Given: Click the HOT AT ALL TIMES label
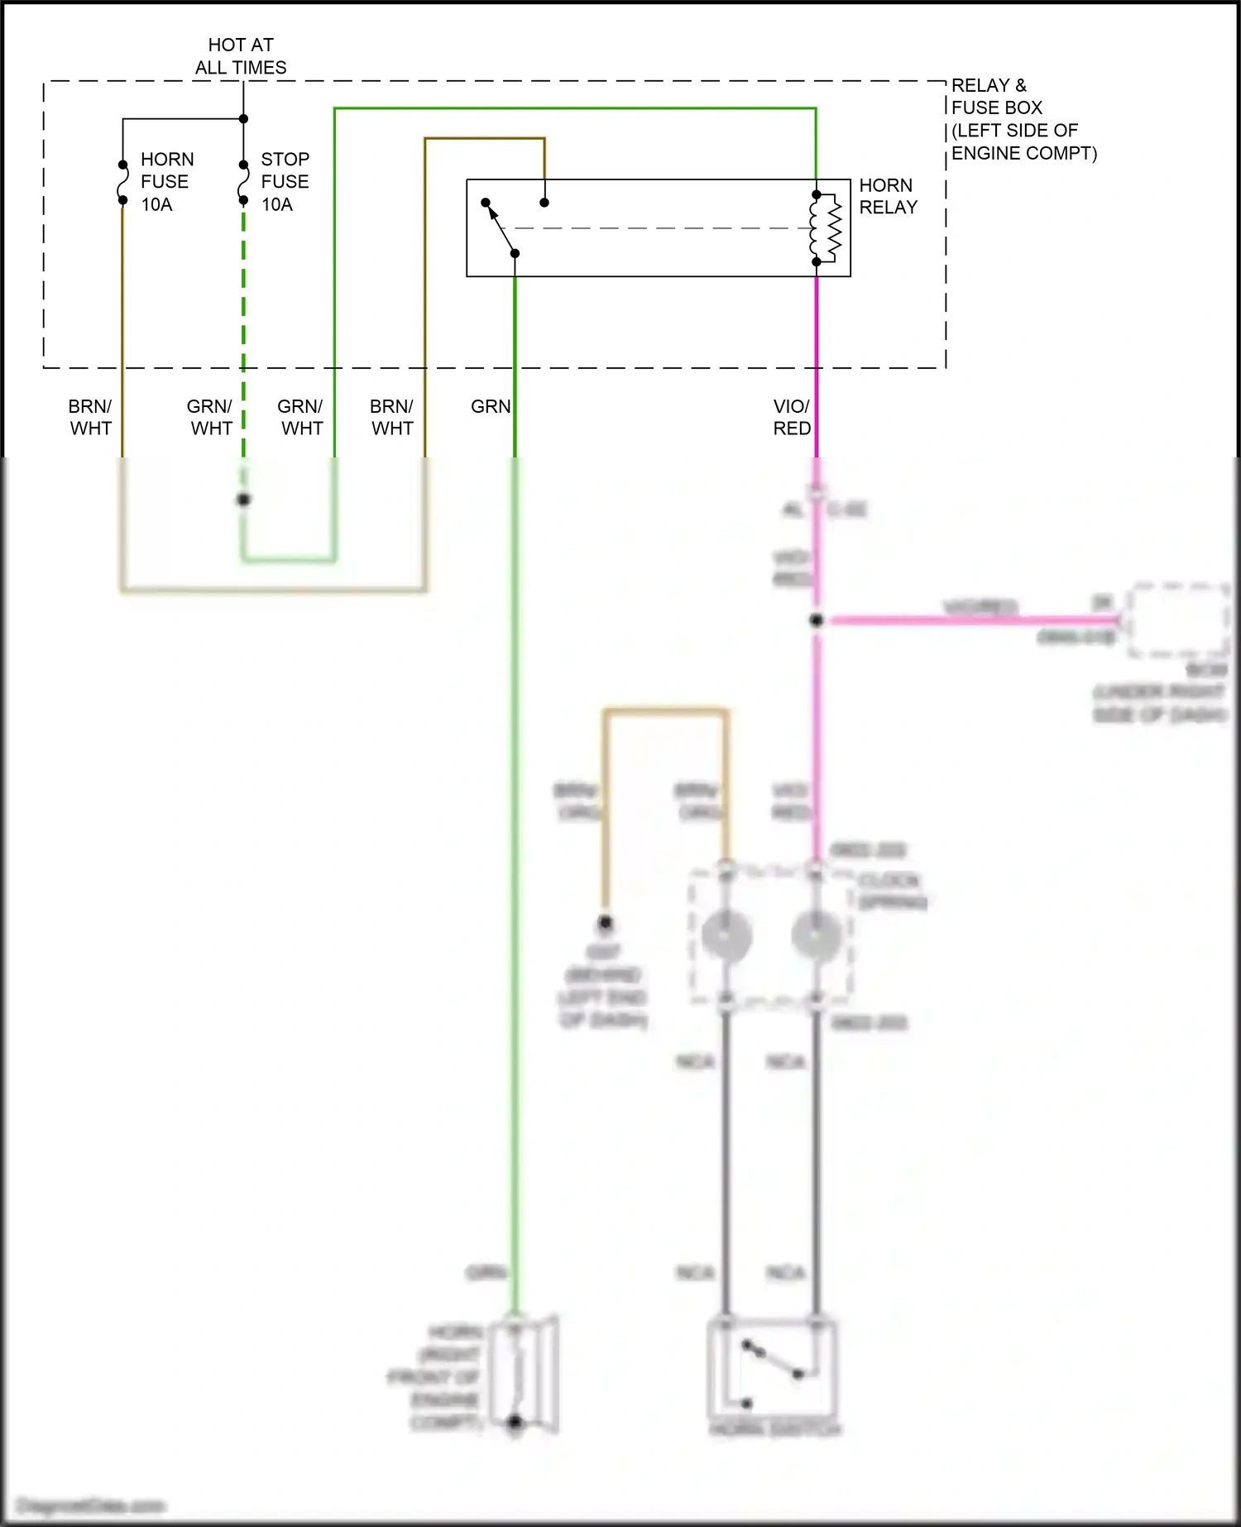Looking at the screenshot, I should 241,56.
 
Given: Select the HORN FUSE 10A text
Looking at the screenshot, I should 166,182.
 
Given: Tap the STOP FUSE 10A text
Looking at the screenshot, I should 285,182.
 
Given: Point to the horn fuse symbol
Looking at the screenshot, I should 122,183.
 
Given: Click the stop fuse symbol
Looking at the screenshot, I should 243,183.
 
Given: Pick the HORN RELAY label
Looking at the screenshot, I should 888,196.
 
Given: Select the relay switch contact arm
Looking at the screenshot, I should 501,229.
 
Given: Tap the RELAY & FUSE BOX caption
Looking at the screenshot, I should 1023,119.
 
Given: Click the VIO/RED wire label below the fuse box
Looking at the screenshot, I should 792,417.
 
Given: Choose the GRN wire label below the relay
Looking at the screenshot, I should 491,406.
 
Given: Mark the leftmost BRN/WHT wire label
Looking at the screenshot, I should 90,417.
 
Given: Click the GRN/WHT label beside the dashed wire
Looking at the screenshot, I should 210,417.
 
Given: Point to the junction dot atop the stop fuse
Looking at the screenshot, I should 243,119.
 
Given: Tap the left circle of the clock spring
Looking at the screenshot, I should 726,935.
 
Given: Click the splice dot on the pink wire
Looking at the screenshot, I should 817,620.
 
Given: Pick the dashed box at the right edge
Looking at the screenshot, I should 1178,619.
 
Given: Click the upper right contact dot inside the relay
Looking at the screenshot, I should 544,202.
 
